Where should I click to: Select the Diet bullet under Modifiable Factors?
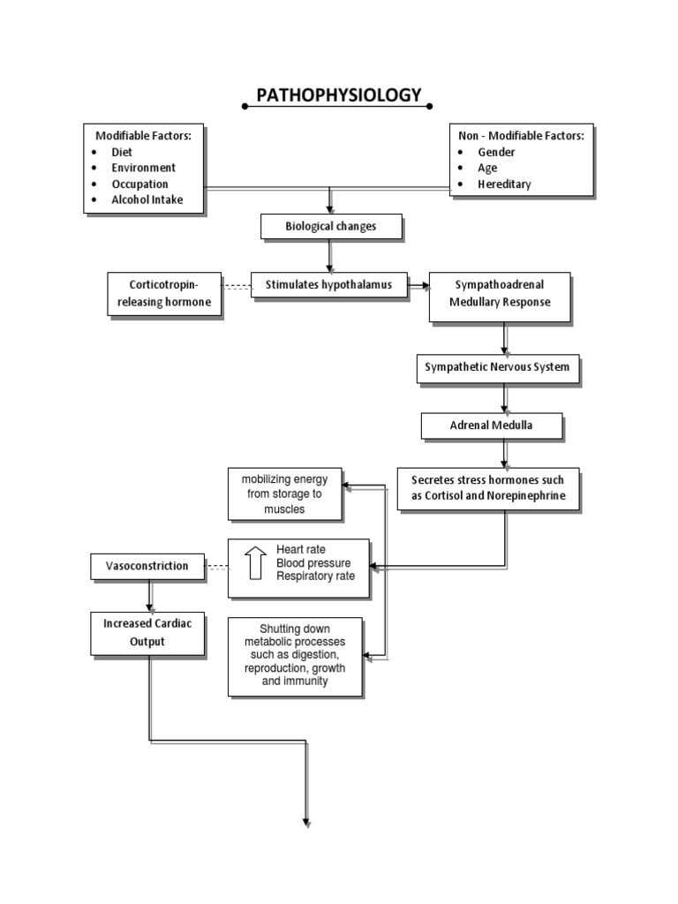(123, 151)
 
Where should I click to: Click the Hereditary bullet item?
(504, 184)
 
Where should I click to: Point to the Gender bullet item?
(496, 151)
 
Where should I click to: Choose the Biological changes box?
(331, 227)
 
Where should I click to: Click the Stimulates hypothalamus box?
(329, 284)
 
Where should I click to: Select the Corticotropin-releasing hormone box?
(163, 294)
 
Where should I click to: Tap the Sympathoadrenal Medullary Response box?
(501, 295)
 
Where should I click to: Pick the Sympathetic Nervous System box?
(499, 366)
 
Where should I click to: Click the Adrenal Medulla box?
(492, 426)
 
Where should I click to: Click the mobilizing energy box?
(284, 494)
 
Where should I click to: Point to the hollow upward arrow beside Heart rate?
(255, 563)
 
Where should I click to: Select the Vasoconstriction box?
(147, 565)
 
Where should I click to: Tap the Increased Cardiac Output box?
(147, 632)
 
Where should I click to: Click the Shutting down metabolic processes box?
(295, 657)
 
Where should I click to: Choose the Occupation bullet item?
(140, 184)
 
